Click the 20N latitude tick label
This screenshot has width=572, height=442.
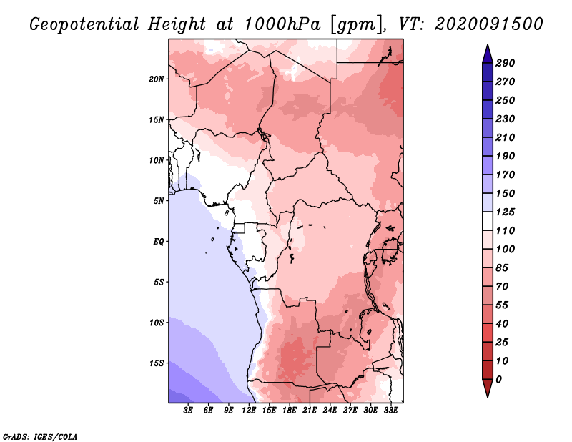[x=157, y=79]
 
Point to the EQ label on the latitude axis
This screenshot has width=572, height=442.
[x=159, y=241]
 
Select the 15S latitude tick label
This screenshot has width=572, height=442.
[x=157, y=363]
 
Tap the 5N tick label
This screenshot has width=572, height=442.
[x=159, y=200]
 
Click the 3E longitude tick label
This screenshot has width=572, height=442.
[x=189, y=411]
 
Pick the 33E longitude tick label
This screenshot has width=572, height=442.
[x=390, y=411]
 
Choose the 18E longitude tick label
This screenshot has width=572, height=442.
[x=290, y=411]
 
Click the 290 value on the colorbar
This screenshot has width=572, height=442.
[x=506, y=63]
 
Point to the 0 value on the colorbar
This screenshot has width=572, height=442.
[x=498, y=379]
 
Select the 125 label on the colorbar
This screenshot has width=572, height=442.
[x=506, y=212]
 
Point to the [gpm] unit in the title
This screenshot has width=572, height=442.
[x=352, y=24]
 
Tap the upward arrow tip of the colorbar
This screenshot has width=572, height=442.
[x=486, y=46]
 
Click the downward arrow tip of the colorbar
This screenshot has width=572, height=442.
[x=486, y=395]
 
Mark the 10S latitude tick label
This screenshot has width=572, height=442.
[x=157, y=323]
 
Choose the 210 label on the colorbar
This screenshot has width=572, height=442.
[x=506, y=137]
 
